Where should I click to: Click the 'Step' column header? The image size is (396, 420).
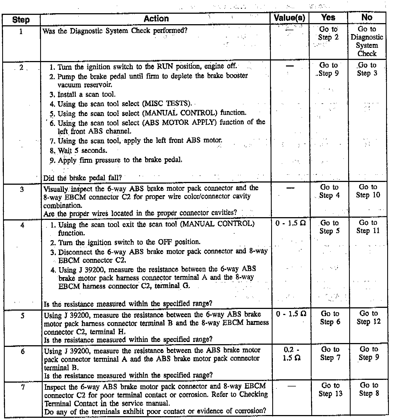[x=21, y=20]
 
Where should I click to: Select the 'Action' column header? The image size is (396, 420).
[x=156, y=19]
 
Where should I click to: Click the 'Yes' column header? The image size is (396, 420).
[x=328, y=18]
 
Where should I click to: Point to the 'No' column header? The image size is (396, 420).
[x=367, y=17]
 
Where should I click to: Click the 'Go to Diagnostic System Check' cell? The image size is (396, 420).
[x=367, y=41]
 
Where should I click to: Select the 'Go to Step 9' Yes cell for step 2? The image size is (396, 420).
[x=328, y=69]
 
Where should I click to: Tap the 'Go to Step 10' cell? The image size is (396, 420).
[x=368, y=191]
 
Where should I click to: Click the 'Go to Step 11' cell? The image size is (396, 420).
[x=368, y=227]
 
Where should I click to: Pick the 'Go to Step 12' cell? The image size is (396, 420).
[x=369, y=317]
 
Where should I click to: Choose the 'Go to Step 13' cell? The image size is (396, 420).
[x=331, y=389]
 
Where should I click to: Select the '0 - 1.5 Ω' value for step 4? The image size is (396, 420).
[x=291, y=223]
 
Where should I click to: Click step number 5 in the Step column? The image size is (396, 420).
[x=23, y=316]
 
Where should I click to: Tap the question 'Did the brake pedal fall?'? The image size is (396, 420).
[x=82, y=178]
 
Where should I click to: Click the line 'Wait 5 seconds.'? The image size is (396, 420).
[x=82, y=151]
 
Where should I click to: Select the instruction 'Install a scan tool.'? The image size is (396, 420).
[x=86, y=95]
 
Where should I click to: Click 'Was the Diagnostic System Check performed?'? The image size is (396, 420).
[x=115, y=31]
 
